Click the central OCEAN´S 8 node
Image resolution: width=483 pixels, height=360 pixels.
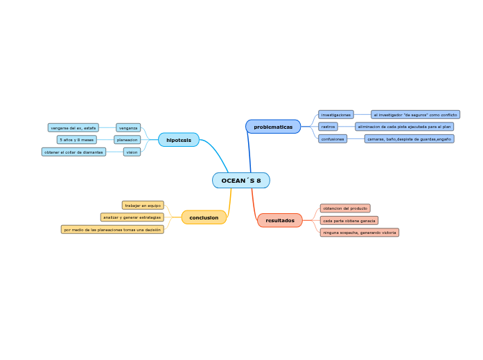(x=241, y=181)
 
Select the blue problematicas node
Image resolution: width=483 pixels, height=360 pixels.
(x=273, y=127)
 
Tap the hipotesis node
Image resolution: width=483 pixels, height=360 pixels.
(x=179, y=140)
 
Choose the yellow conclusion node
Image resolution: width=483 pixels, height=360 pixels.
(x=204, y=217)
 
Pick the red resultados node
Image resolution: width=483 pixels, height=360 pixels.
(x=280, y=220)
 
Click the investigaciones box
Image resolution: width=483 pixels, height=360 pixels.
(x=336, y=114)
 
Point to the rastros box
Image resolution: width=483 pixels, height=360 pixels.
(x=328, y=127)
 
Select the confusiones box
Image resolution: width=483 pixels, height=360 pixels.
(x=333, y=139)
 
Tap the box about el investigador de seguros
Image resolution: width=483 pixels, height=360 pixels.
(x=415, y=114)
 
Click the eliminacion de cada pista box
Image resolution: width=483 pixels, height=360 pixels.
(x=405, y=127)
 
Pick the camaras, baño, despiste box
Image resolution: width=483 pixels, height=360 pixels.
(x=409, y=139)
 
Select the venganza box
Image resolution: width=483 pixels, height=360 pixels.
(x=128, y=128)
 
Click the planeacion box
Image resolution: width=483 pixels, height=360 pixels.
(x=127, y=140)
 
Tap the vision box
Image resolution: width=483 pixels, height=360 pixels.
(x=132, y=152)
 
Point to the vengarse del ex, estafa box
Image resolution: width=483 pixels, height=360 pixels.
(x=73, y=128)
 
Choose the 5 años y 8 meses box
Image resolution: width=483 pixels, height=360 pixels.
(x=77, y=140)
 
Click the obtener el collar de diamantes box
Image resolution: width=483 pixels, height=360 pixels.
(x=73, y=152)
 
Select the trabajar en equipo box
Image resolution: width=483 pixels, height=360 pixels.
(x=143, y=206)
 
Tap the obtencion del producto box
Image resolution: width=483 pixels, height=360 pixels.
(x=345, y=208)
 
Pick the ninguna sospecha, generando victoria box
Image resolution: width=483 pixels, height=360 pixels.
(x=360, y=233)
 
